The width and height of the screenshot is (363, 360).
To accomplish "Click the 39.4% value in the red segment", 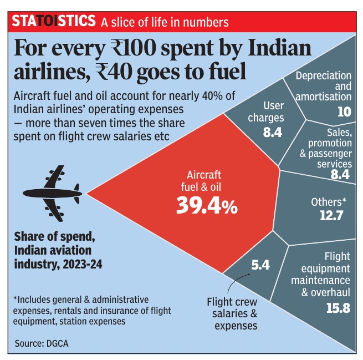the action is click(207, 205).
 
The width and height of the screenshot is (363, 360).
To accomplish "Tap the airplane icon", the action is click(52, 194).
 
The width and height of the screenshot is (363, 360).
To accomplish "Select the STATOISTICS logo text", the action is click(53, 21).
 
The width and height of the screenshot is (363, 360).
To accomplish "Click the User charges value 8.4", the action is click(273, 133).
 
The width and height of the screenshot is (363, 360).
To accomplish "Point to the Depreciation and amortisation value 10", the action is click(344, 112).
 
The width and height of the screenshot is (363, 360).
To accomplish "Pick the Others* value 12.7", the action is click(331, 216).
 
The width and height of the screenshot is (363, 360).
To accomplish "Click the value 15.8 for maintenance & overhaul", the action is click(338, 308).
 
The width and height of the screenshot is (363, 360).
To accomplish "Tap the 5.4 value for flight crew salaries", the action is click(260, 265).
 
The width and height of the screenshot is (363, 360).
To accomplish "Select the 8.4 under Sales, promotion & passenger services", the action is click(340, 174).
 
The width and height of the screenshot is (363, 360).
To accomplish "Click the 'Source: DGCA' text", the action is click(42, 343).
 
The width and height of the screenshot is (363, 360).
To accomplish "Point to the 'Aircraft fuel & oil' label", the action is click(201, 181).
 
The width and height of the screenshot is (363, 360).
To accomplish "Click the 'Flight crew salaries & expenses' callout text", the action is click(232, 313).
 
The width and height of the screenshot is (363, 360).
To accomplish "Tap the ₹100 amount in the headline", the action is click(134, 48).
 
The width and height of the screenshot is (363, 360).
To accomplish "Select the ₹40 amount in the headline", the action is click(114, 72).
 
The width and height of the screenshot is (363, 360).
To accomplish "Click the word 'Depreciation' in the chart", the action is click(324, 76).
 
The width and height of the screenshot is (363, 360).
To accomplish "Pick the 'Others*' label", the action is click(329, 202).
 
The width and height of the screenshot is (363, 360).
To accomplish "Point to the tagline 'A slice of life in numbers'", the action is click(165, 23).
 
